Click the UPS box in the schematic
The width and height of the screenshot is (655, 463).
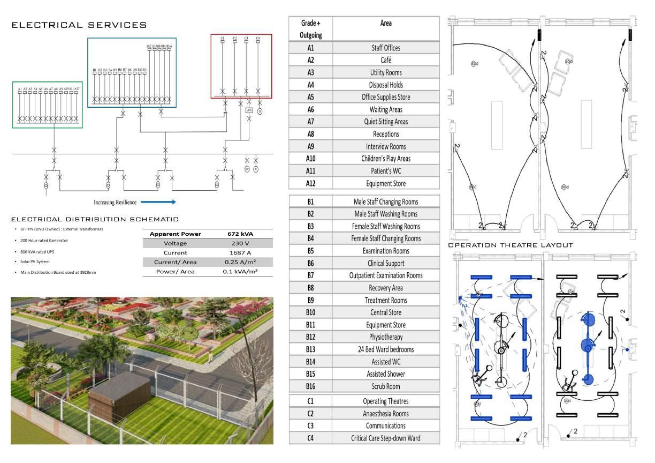248,110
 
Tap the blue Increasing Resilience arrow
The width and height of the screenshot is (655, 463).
158,202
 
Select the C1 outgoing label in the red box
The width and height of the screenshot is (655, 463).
222,39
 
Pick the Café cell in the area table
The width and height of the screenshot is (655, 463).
385,60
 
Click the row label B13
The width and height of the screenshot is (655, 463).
310,349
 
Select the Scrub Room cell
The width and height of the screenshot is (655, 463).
385,386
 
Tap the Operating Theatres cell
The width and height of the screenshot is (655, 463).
385,401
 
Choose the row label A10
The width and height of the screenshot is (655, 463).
310,159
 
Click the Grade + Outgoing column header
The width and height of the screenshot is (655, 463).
310,29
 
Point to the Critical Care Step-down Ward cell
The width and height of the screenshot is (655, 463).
385,438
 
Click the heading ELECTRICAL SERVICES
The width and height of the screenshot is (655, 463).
79,25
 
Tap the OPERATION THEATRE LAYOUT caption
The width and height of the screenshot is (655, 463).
511,245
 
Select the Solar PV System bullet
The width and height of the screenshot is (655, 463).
39,262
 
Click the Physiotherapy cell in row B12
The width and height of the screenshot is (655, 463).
385,337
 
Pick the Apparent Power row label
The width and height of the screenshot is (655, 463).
175,234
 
